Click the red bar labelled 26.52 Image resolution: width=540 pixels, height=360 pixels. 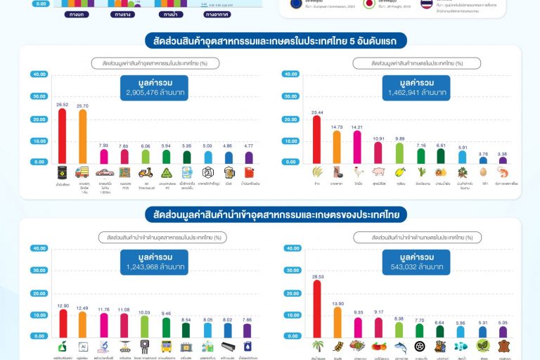point(63,136)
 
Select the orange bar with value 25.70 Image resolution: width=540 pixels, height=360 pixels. point(83,136)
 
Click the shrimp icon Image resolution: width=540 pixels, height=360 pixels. point(502,172)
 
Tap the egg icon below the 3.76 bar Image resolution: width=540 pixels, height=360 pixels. point(482,172)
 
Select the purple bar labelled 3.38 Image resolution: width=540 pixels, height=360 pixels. point(502,160)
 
